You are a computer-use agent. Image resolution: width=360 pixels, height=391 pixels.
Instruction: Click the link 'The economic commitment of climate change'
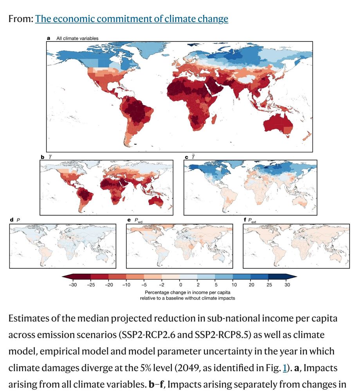131,18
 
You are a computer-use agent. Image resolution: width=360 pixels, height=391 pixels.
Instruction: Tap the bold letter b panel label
43,157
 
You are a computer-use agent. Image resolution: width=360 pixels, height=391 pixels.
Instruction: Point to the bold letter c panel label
186,157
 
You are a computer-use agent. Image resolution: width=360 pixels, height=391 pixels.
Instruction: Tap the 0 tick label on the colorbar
180,285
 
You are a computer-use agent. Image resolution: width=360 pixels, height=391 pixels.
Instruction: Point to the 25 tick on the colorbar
269,285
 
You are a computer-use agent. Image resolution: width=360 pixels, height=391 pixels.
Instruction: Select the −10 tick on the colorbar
126,285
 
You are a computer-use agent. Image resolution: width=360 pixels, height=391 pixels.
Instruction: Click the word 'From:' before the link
20,18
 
